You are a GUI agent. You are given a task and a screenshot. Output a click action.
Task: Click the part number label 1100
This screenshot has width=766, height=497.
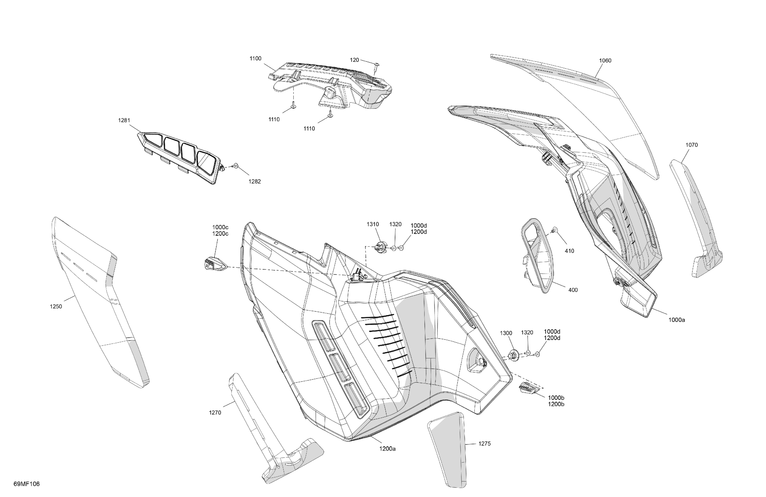click(255, 59)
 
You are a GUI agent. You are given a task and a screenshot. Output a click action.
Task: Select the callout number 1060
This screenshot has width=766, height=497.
click(605, 61)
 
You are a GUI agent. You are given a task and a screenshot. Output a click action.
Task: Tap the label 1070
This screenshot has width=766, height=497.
click(691, 145)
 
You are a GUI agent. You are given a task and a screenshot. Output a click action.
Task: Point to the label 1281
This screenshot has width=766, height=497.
click(124, 120)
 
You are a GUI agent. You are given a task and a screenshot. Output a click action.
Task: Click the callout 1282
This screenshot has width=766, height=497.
click(254, 182)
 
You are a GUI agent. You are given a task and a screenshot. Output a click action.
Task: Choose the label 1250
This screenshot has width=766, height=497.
click(56, 307)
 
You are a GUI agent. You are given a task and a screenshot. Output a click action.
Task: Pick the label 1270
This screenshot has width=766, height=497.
click(215, 413)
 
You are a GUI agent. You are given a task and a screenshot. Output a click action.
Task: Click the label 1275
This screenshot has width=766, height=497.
click(484, 444)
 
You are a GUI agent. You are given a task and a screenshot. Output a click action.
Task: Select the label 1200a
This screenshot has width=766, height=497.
click(387, 449)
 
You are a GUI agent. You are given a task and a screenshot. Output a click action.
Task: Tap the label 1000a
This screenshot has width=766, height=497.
click(677, 320)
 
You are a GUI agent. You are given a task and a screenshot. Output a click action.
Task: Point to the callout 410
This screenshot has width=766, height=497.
click(569, 251)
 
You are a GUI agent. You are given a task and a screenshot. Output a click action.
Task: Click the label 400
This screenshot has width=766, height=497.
click(573, 290)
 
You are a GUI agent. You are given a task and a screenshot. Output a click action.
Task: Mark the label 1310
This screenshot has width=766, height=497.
click(373, 224)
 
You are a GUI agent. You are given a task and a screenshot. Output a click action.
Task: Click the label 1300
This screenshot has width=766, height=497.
click(506, 333)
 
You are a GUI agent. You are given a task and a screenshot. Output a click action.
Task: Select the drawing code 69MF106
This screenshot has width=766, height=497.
click(27, 484)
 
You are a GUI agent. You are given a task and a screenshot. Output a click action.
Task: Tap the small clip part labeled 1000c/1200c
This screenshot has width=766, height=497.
click(215, 264)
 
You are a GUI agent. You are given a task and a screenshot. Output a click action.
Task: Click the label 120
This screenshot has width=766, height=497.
click(354, 60)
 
